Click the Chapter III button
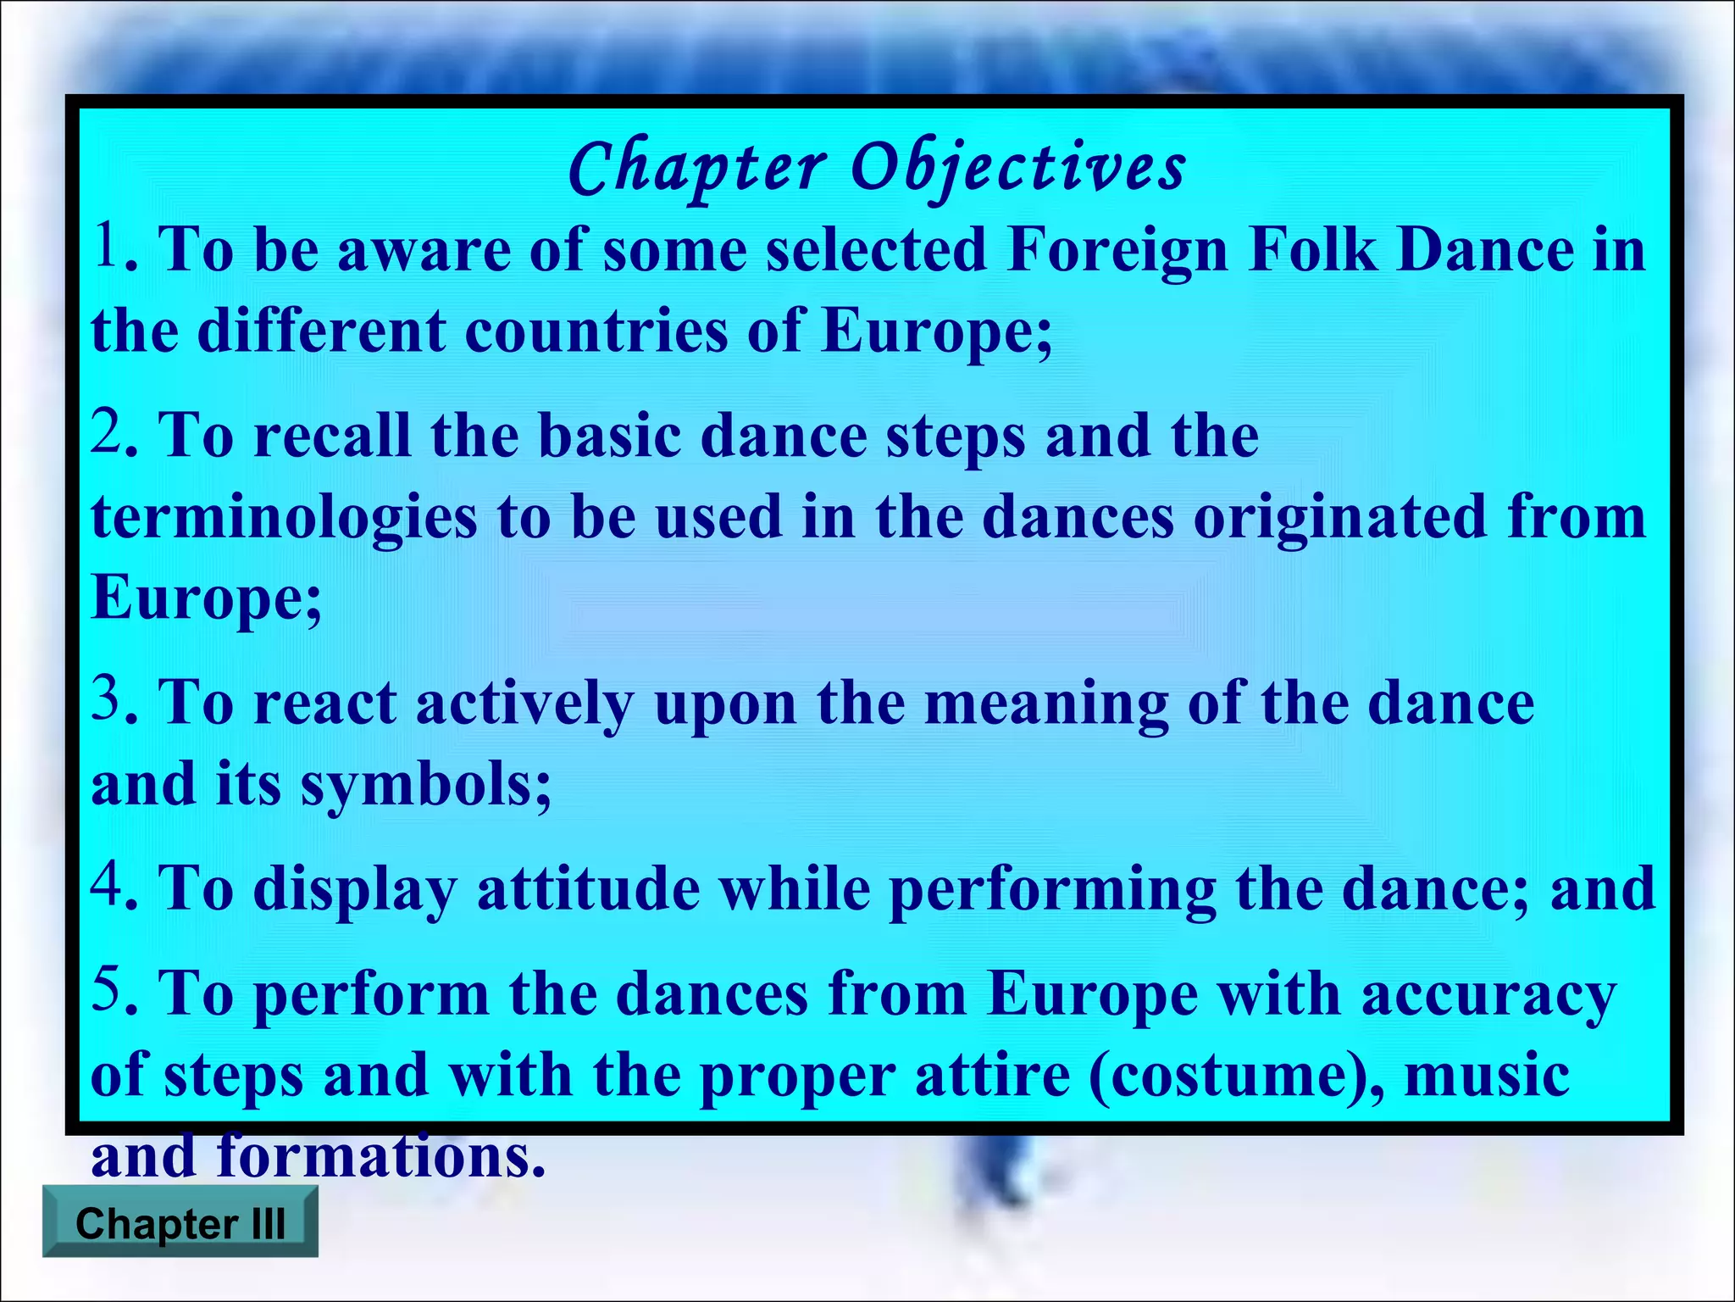180,1223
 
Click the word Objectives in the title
1017,167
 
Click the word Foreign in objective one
1118,251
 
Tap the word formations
381,1156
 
